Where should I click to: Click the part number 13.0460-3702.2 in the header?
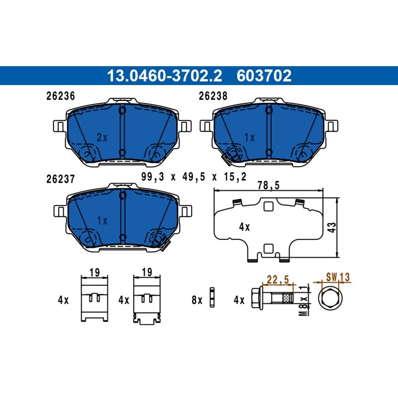[x=165, y=76]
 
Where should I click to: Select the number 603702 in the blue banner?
[x=264, y=76]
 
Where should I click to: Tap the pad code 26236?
[x=61, y=96]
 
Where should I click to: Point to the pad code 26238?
[x=213, y=96]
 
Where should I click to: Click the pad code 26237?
[x=61, y=179]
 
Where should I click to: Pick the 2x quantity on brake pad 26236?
[x=102, y=138]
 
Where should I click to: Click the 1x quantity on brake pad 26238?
[x=249, y=138]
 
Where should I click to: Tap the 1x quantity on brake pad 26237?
[x=102, y=220]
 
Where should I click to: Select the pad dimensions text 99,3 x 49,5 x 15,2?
[x=194, y=177]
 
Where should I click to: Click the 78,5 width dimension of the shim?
[x=268, y=185]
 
